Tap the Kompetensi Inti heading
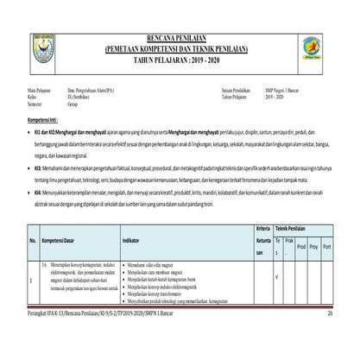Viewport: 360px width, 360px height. coord(44,114)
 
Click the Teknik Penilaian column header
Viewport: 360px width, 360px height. coord(306,225)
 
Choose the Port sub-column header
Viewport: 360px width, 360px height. coord(336,245)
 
